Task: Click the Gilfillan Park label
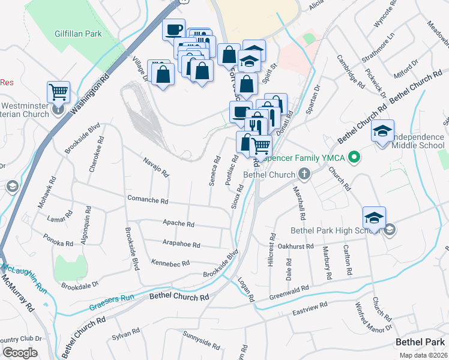(x=77, y=34)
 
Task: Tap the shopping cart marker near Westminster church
(x=58, y=92)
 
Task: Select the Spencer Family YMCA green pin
(x=354, y=158)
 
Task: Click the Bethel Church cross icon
(x=304, y=175)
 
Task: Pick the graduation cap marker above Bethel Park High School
(x=374, y=217)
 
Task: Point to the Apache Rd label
(x=179, y=224)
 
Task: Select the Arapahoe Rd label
(x=181, y=244)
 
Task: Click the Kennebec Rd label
(x=170, y=263)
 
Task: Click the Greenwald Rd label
(x=289, y=289)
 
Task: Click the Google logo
(x=20, y=353)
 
